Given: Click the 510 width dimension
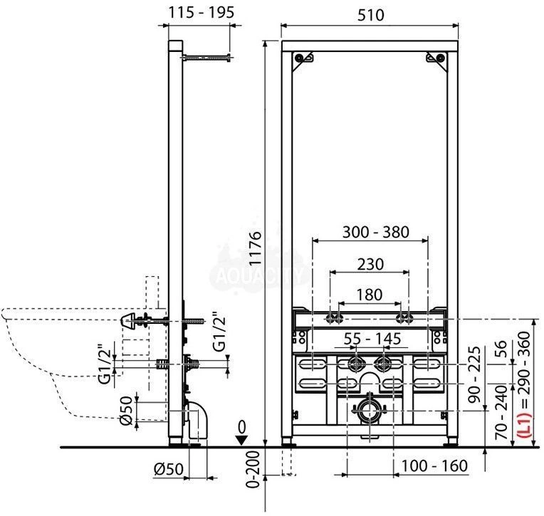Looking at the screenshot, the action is coord(370,15).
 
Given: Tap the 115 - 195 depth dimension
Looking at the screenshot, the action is coord(201,13).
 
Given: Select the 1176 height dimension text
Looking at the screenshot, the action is coord(256,248).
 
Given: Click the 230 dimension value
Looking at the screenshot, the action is coord(370,264).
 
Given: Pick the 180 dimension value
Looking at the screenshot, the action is coord(370,295).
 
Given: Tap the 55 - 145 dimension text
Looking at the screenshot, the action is coord(372,339).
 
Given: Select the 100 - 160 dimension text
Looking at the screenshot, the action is coord(434,465).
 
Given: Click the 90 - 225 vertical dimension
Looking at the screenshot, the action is coord(475,374).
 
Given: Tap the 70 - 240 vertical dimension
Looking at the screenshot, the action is coord(501,412).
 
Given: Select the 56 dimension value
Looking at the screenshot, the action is coord(501,349).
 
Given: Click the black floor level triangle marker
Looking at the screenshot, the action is coord(241,441).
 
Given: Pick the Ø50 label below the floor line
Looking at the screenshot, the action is coord(168,469).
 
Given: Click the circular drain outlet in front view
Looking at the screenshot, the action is coord(370,411).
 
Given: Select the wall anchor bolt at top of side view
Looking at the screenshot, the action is coord(206,58).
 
